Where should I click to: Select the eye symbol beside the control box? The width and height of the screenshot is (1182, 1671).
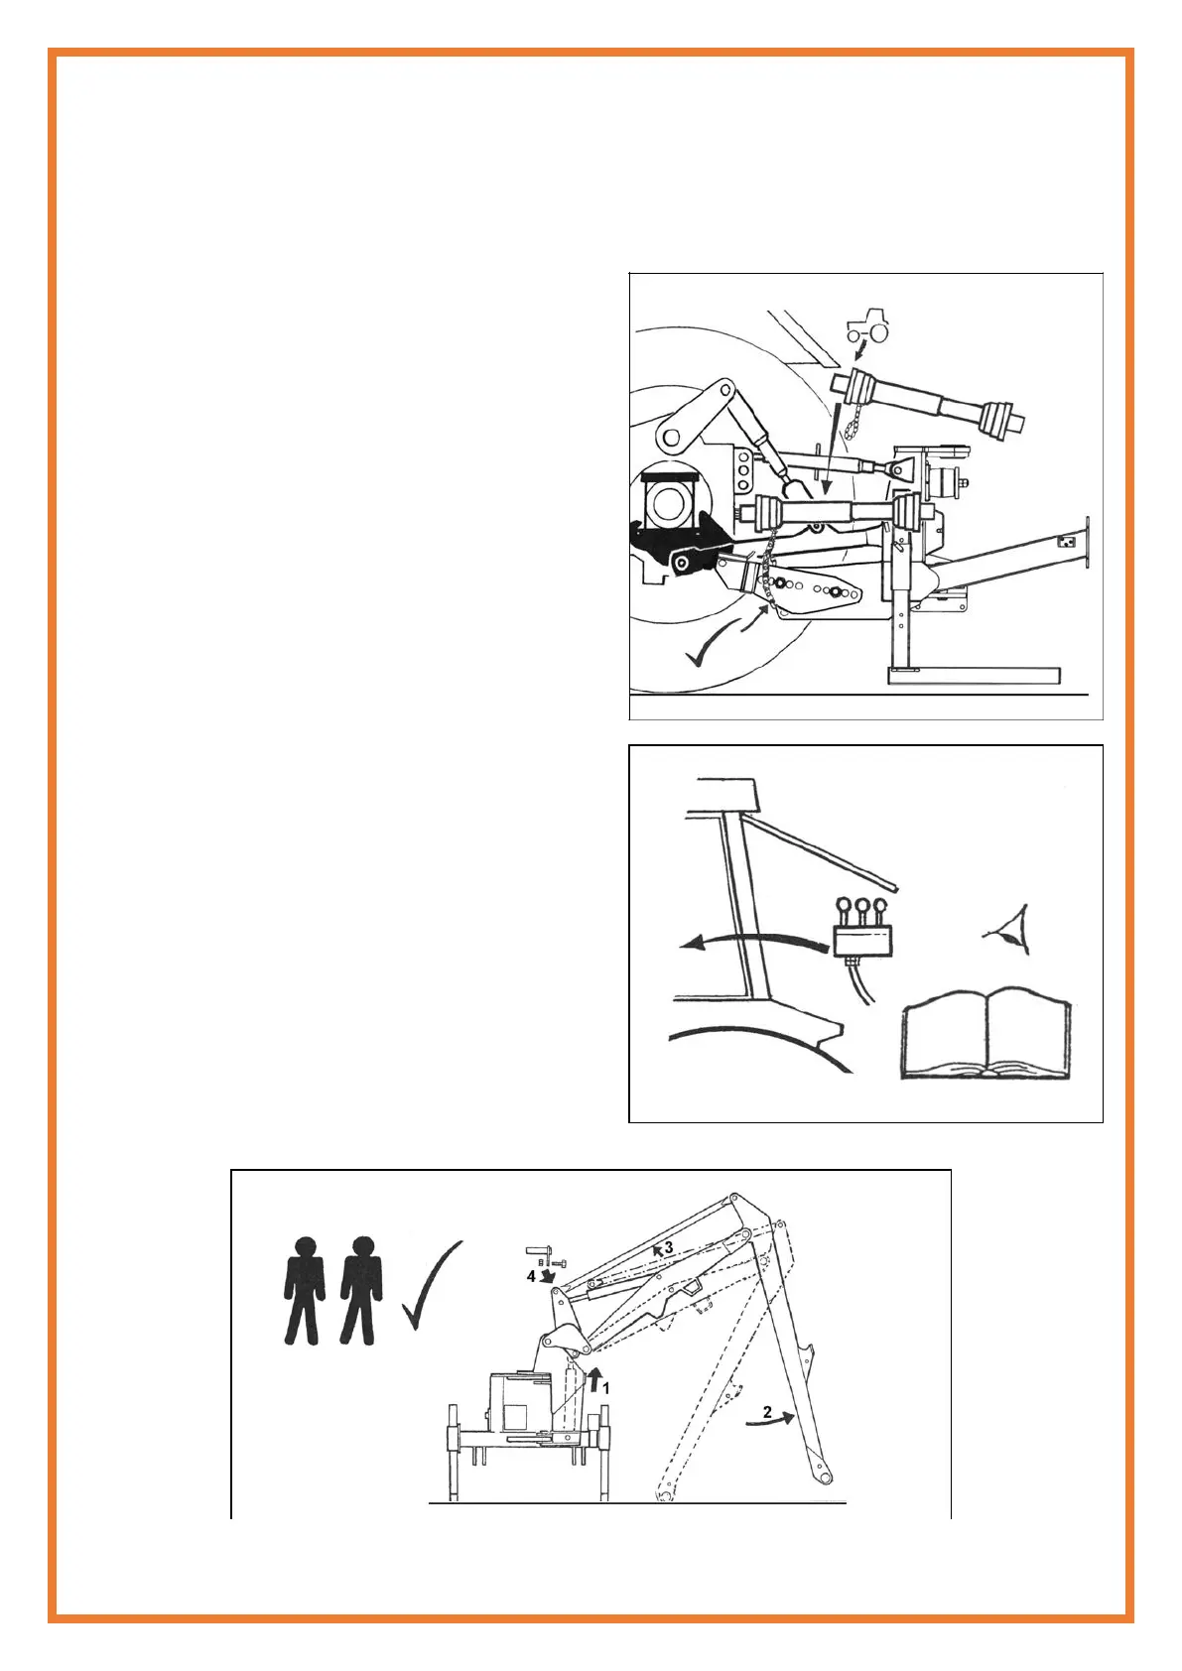click(x=1011, y=930)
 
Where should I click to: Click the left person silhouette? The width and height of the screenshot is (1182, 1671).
click(x=305, y=1289)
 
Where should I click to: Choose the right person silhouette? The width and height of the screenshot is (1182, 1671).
click(x=359, y=1289)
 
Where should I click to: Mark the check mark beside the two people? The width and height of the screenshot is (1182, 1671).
click(x=431, y=1283)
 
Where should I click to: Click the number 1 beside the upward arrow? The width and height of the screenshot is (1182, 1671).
click(x=605, y=1388)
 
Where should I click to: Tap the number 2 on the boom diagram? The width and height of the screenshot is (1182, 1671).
click(x=767, y=1411)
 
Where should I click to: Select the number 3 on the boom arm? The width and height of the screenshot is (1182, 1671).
click(x=669, y=1246)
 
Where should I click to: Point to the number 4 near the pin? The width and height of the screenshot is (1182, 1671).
click(x=531, y=1276)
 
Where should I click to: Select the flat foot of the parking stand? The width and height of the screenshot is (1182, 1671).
click(x=973, y=676)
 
